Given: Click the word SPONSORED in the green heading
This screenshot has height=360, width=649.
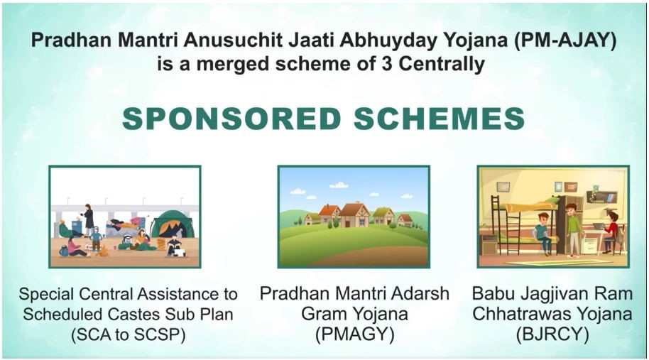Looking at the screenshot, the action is pos(231,119).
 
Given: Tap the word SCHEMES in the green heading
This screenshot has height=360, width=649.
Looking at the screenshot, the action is pos(440,119).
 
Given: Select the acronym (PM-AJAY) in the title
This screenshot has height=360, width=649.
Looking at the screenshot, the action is pos(565,40).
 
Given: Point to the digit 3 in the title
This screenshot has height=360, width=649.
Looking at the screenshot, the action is pos(386,64).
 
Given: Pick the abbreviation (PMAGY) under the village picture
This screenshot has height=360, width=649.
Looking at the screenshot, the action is pos(354,334).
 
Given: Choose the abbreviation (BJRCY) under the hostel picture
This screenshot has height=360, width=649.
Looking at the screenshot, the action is pos(552,334).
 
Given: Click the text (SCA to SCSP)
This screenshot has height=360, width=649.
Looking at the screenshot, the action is pos(128,334).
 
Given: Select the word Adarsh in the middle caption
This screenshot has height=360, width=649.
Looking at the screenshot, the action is pos(422,294).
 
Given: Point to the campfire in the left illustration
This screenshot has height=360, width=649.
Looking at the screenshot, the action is pos(102,251).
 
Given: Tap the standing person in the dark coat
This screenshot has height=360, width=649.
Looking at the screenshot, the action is pos(88,221).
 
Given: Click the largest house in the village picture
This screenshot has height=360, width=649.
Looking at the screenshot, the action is pos(354,215).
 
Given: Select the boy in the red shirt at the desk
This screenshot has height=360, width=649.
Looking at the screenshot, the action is pos(610,232).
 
